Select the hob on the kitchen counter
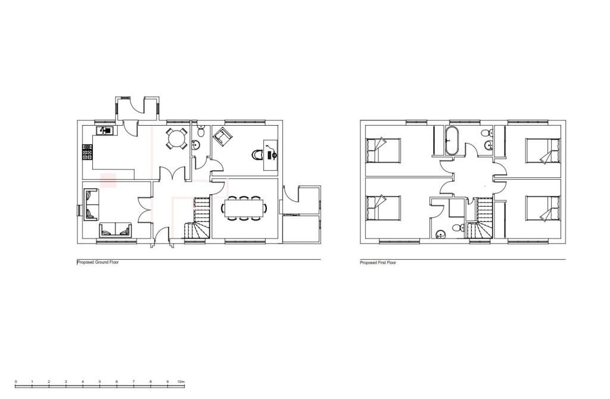(87, 154)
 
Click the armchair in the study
(222, 136)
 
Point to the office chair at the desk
(258, 154)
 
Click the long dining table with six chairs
(244, 208)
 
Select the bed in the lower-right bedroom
(543, 208)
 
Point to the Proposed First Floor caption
(378, 263)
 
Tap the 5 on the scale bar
(99, 381)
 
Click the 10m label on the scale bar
(181, 381)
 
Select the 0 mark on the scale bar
(15, 381)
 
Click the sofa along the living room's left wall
(91, 204)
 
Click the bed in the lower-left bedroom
(382, 208)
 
